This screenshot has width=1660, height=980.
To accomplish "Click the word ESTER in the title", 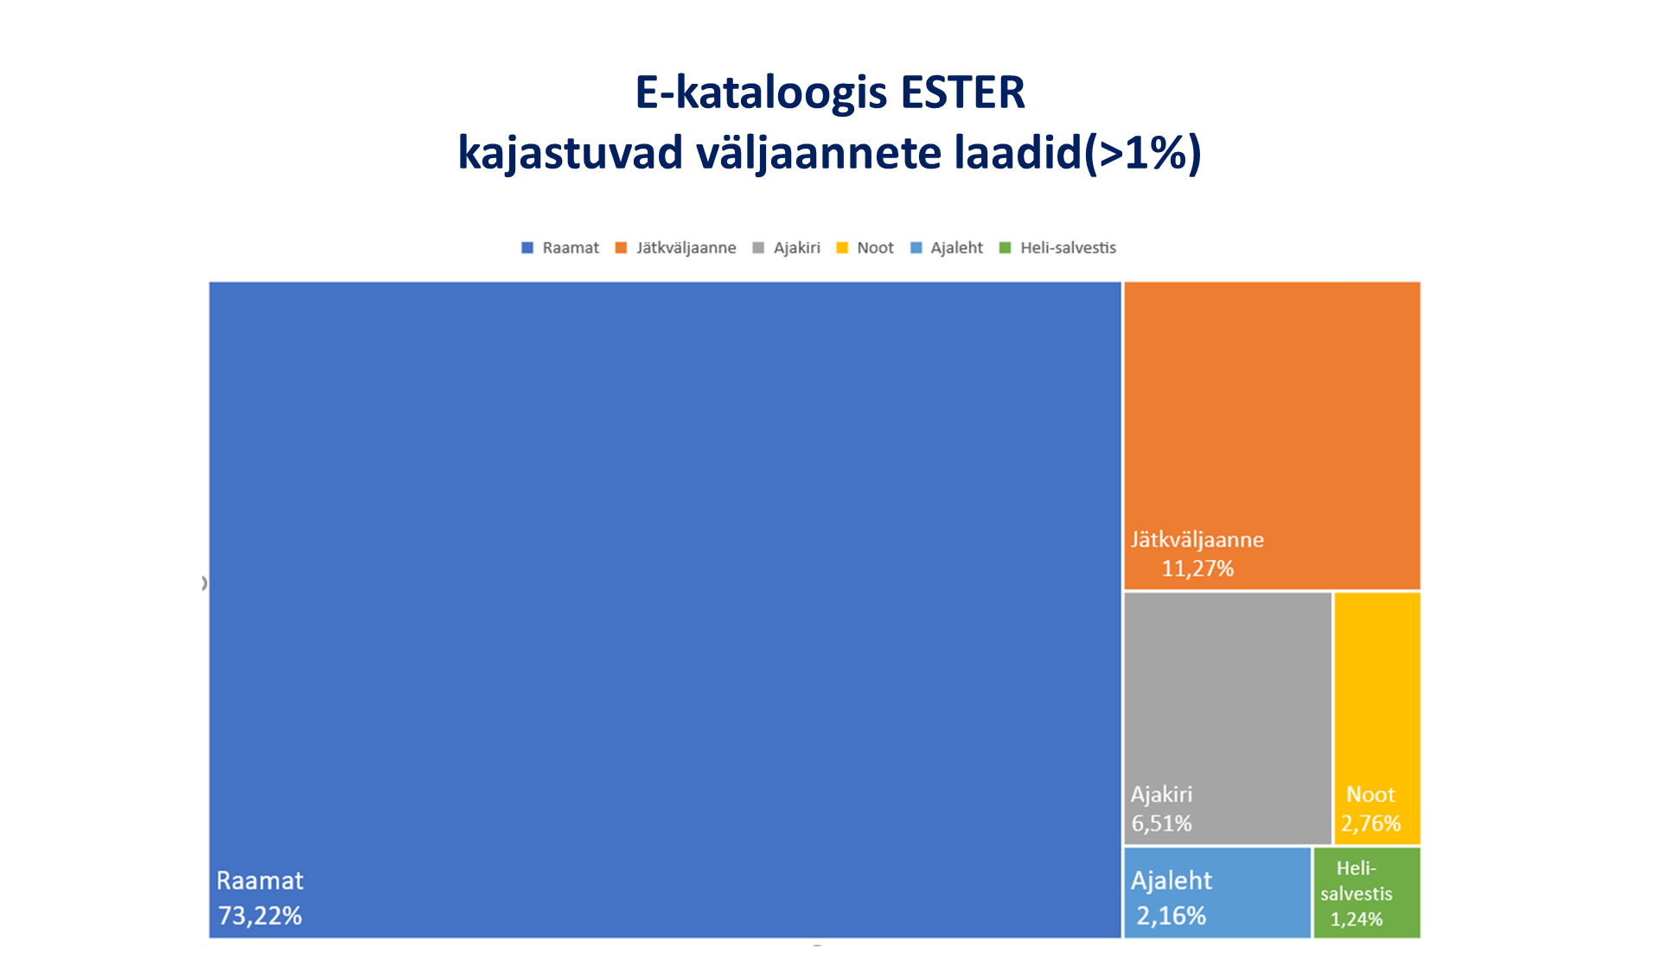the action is (x=962, y=92).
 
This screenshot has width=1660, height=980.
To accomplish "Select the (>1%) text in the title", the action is (x=1142, y=154).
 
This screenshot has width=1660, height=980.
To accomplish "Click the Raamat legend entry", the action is (x=560, y=248).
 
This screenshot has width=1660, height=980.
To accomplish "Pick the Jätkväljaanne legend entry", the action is (x=675, y=248).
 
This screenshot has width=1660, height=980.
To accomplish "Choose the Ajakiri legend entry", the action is (x=786, y=248).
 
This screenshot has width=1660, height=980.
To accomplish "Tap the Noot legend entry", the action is (x=865, y=248).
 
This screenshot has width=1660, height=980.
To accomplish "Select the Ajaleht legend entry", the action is (x=947, y=248).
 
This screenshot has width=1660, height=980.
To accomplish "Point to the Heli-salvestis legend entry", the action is (x=1057, y=248).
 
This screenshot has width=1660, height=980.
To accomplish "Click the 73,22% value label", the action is (x=260, y=915).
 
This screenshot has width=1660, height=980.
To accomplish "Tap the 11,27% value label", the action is (x=1197, y=569).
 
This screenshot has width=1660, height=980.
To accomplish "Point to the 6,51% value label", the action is (x=1162, y=824).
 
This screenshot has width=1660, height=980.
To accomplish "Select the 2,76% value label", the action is (x=1371, y=824).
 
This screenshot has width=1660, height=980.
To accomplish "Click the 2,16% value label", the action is (x=1172, y=915).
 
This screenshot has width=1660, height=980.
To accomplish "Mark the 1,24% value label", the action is (x=1357, y=920).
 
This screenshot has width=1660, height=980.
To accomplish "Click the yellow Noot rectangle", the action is (x=1377, y=718).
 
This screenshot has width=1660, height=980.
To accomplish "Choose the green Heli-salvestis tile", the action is (x=1367, y=893).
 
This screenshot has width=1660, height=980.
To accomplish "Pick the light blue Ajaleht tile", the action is (x=1217, y=893).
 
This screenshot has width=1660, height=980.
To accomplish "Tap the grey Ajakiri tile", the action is (x=1228, y=718).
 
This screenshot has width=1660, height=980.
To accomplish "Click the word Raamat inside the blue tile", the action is (x=260, y=881).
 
